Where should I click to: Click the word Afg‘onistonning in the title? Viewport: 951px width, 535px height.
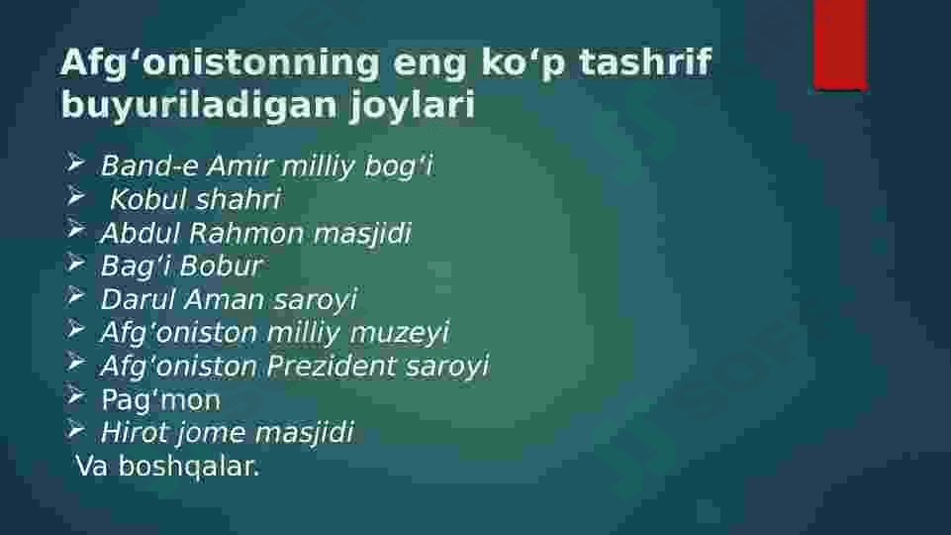click(x=220, y=63)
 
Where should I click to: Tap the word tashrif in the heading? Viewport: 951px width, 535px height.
click(x=645, y=61)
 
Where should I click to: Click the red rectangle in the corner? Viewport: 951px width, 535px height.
click(x=840, y=45)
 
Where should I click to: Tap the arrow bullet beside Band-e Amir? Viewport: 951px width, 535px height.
click(x=75, y=162)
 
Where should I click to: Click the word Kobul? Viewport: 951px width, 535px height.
click(x=144, y=199)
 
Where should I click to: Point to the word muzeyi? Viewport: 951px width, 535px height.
click(x=400, y=333)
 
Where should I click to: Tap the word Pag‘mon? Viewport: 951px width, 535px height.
click(x=160, y=400)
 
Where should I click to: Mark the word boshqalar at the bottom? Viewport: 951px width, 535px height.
click(x=189, y=467)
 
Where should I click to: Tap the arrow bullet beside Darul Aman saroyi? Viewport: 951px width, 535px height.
click(x=75, y=296)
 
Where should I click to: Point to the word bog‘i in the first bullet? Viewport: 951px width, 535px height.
click(x=399, y=166)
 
